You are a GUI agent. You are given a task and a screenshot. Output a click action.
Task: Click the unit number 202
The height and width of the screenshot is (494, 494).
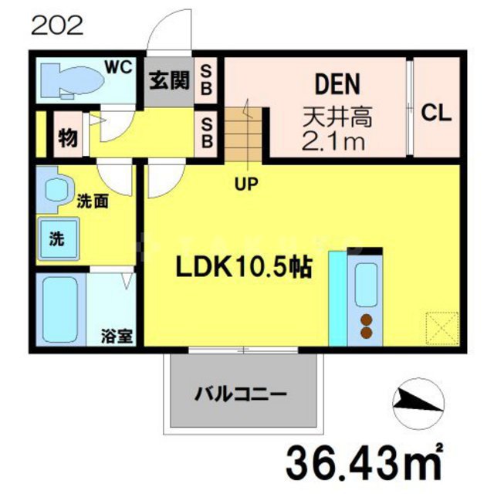[57, 26]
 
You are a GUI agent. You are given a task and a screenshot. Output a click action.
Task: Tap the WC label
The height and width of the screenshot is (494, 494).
[119, 66]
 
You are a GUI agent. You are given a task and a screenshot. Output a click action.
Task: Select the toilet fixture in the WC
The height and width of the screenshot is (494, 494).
[73, 80]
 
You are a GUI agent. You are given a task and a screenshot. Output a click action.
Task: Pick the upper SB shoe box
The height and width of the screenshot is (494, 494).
[207, 80]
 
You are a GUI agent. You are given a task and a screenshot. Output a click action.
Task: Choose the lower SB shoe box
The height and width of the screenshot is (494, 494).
[207, 133]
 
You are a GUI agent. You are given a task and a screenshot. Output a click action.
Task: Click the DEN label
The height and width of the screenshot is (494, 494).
[337, 83]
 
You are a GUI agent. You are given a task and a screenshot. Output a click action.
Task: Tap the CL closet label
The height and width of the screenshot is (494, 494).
[436, 114]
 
